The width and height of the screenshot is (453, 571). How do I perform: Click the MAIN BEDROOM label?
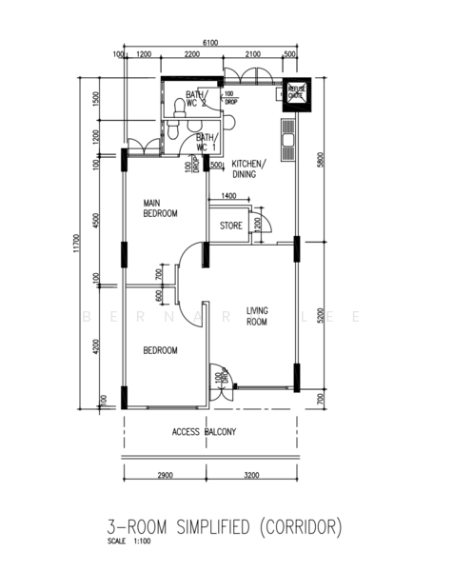click(160, 208)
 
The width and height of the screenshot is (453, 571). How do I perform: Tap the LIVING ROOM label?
click(258, 317)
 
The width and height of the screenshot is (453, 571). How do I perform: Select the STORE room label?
click(230, 226)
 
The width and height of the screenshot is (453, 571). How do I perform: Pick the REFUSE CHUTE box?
click(297, 92)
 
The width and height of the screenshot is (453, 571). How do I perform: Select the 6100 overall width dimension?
click(210, 43)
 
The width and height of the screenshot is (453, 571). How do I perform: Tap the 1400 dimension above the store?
click(228, 196)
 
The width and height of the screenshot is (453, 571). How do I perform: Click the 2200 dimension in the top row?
click(191, 55)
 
